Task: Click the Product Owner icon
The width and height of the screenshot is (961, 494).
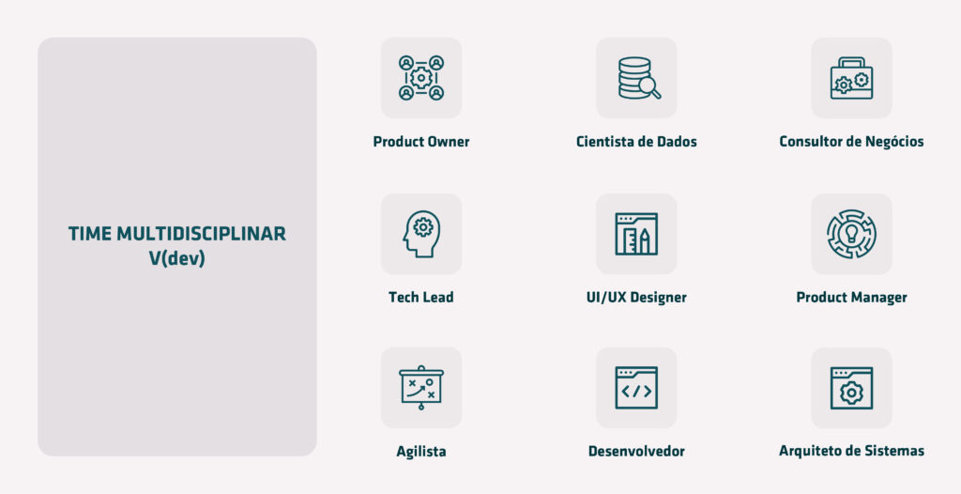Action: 421,78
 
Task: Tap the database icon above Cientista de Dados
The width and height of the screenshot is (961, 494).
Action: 636,78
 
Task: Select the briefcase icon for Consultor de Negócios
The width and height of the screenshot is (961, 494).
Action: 851,78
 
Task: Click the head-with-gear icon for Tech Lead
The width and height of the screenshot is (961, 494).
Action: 421,234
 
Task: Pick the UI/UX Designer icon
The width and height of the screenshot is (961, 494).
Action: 636,234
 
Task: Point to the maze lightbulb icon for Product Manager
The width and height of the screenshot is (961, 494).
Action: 851,234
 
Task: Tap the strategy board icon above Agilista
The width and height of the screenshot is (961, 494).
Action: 421,388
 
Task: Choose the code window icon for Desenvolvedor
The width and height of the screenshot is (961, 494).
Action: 636,388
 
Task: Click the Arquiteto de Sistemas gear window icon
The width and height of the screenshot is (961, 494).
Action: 851,388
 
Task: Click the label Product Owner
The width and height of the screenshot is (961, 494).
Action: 421,142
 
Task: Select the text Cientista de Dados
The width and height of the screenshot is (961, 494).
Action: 636,142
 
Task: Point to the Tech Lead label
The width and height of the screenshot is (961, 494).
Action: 421,298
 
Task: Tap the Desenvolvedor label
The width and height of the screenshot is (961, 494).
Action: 636,452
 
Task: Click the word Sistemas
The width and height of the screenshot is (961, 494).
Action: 898,451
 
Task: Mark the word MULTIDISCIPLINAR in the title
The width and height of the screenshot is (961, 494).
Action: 201,234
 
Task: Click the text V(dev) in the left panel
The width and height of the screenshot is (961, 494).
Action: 177,258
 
